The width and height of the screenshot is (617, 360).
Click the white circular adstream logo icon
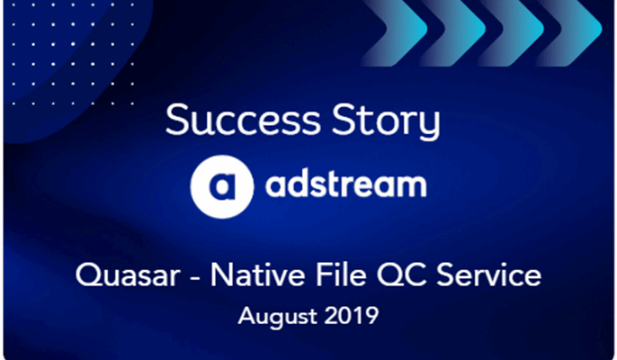[x=220, y=186]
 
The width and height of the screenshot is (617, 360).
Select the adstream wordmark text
[x=344, y=185]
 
